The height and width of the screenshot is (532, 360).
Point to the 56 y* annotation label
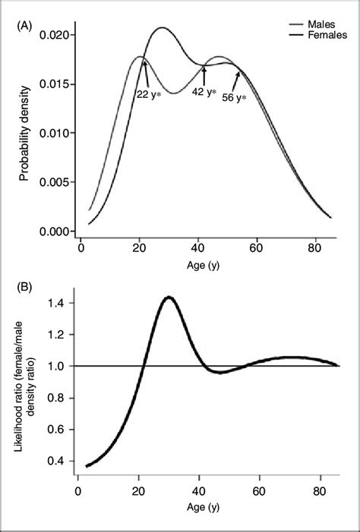pos(232,99)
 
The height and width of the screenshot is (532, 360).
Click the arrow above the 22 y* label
pos(144,77)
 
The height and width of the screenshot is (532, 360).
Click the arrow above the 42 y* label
pos(204,75)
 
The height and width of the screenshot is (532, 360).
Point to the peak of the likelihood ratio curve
pos(169,297)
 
